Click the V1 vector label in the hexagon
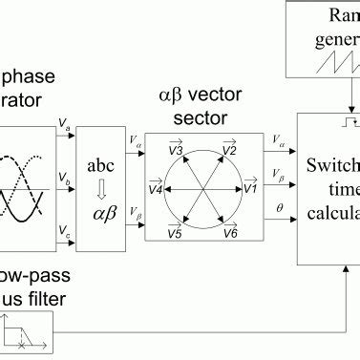click(249, 189)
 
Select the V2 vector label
click(229, 149)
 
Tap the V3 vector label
click(176, 149)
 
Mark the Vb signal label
click(64, 179)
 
